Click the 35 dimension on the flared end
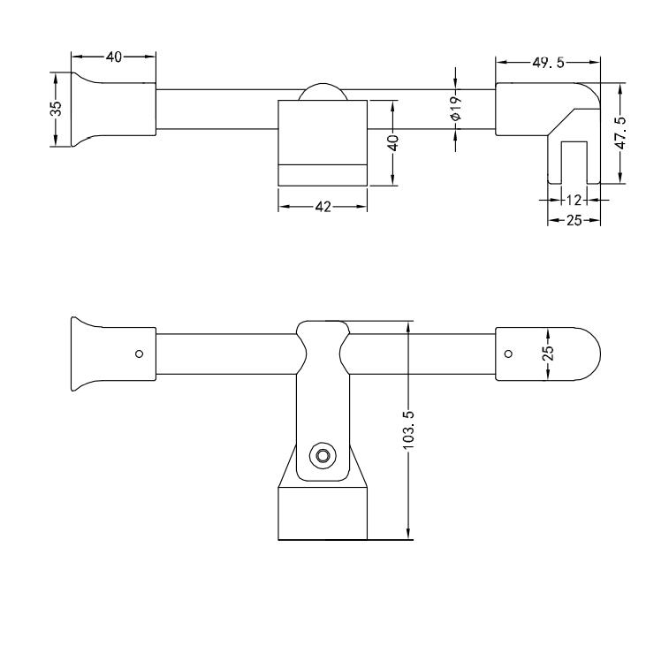click(x=56, y=109)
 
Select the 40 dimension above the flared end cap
click(x=114, y=57)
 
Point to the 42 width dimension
click(x=323, y=207)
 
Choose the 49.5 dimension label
click(x=548, y=63)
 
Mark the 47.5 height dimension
click(x=623, y=133)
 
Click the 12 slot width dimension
click(x=574, y=200)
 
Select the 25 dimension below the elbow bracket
click(x=574, y=220)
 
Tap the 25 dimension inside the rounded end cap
click(x=548, y=352)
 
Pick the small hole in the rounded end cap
click(x=508, y=354)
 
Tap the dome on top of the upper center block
click(x=323, y=94)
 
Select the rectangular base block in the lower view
click(x=323, y=513)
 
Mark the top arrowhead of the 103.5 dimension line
click(x=408, y=326)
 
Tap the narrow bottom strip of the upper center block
click(x=323, y=176)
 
